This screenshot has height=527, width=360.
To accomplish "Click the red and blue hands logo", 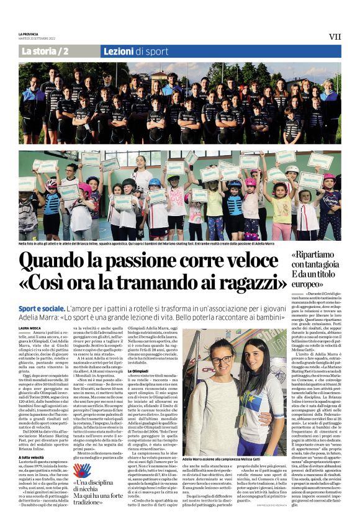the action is pyautogui.click(x=81, y=472).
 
